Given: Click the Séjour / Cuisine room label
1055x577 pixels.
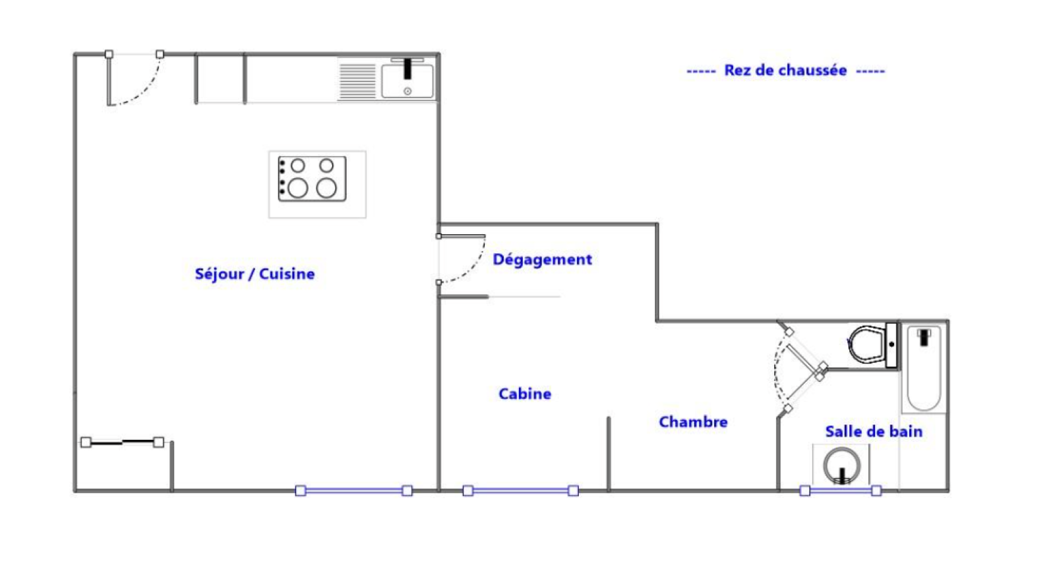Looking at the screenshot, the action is pos(255,274).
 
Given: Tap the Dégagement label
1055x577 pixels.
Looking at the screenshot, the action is pos(542,260).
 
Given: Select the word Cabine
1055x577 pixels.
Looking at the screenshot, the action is pos(525,394).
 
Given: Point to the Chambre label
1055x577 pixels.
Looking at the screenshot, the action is pos(693,422).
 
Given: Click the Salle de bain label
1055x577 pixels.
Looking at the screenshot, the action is pos(874,431).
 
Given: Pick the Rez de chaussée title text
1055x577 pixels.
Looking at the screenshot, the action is pos(785,71).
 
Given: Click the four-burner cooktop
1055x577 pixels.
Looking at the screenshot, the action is pos(313,179).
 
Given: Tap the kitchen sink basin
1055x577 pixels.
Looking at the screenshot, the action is pos(407,81).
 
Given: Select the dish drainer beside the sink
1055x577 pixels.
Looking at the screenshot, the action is pos(357,81).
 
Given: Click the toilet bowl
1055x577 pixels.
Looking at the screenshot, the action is pos(866,344).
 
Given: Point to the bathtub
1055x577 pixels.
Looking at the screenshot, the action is pos(924,368).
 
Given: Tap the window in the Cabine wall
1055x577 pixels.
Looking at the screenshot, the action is pos(520,491).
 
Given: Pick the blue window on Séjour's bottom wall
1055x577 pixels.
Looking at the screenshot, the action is pos(353,491).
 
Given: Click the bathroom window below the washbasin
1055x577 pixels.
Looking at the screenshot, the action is pos(841,491).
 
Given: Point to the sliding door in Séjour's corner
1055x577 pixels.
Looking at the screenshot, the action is pos(123,442).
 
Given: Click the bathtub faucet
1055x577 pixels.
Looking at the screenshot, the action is pos(924,337).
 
